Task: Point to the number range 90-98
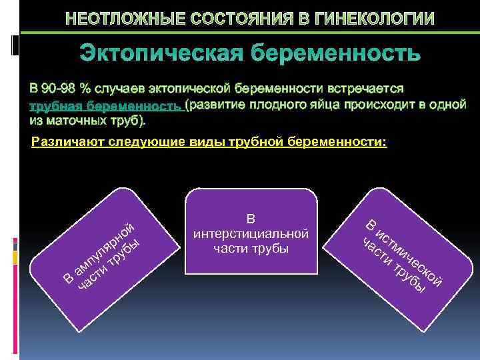tap(61, 89)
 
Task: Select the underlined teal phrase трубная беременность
tap(105, 106)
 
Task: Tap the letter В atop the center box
tap(251, 219)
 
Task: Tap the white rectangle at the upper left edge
tap(15, 45)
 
